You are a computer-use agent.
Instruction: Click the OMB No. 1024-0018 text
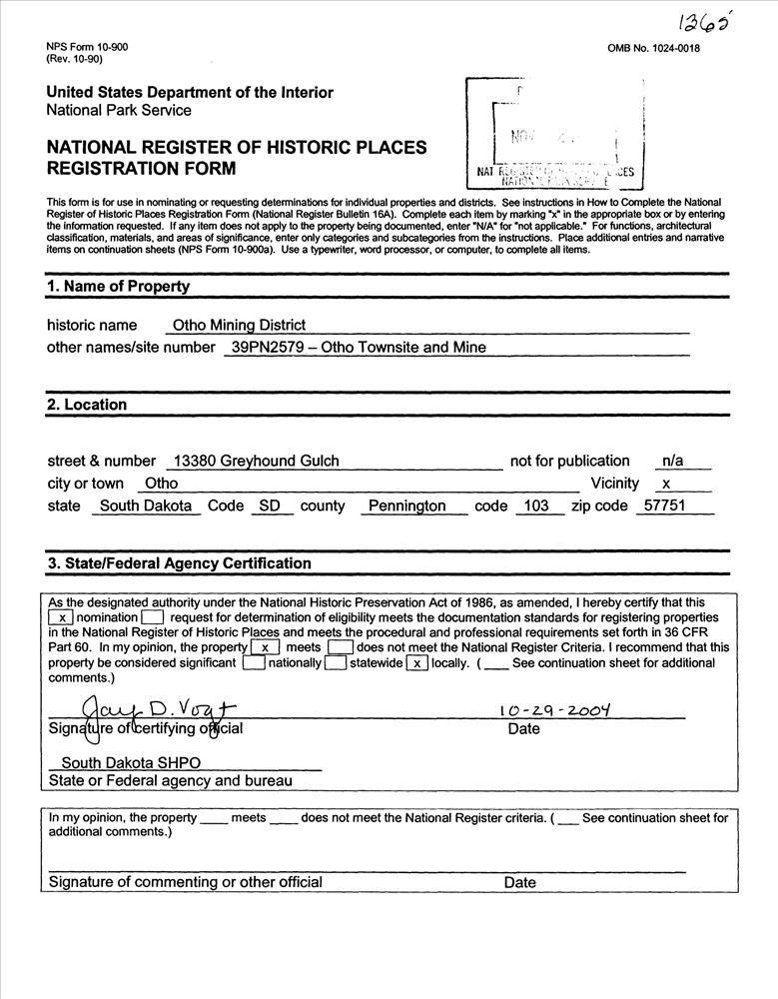653,48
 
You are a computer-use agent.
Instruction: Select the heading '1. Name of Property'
118,287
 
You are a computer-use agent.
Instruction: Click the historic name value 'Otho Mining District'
239,325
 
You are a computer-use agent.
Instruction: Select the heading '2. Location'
87,405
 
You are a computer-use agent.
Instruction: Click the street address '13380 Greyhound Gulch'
256,461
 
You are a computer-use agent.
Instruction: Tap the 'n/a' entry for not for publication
673,461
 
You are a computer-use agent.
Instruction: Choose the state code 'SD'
270,506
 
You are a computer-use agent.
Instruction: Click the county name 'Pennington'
406,506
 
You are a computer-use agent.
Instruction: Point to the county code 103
536,506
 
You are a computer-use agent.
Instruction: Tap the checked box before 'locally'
417,662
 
